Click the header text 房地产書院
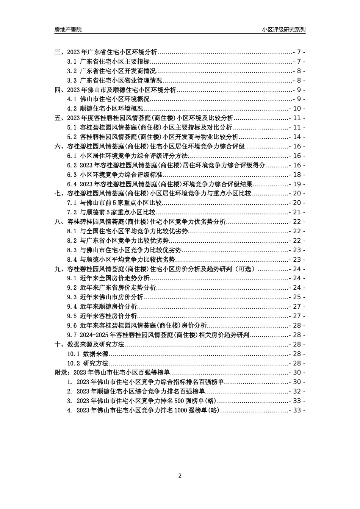pyautogui.click(x=68, y=30)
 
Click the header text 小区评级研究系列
pyautogui.click(x=283, y=30)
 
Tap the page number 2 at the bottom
pyautogui.click(x=180, y=476)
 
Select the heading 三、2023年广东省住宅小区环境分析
pyautogui.click(x=106, y=52)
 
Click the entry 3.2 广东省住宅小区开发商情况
pyautogui.click(x=111, y=71)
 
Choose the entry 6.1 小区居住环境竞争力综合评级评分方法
pyautogui.click(x=127, y=156)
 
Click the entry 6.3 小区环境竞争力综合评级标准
pyautogui.click(x=115, y=175)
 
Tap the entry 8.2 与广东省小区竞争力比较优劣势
pyautogui.click(x=118, y=241)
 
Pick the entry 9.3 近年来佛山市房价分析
pyautogui.click(x=105, y=297)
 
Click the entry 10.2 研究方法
pyautogui.click(x=88, y=363)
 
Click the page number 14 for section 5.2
pyautogui.click(x=297, y=137)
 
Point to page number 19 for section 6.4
pyautogui.click(x=297, y=184)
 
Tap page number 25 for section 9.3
pyautogui.click(x=297, y=297)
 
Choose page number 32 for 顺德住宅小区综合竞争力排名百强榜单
pyautogui.click(x=297, y=392)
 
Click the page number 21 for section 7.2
pyautogui.click(x=297, y=212)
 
